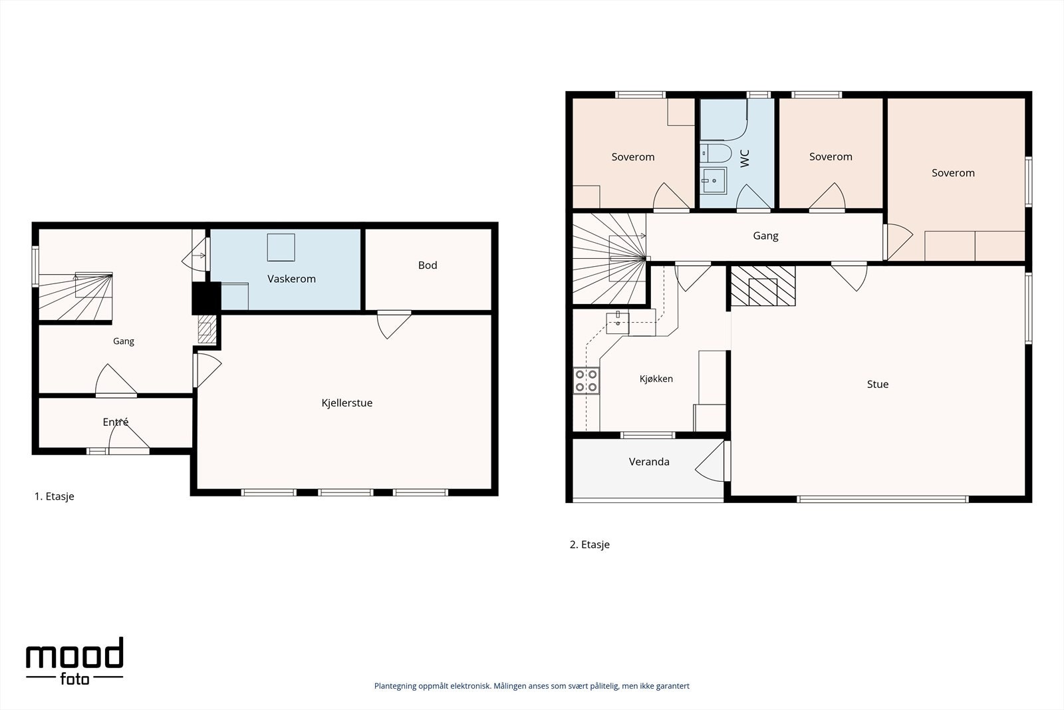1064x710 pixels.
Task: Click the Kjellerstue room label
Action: coord(346,403)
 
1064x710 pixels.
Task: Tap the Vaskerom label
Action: coord(291,279)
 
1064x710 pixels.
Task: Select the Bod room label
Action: coord(428,266)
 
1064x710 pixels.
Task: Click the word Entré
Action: coord(116,421)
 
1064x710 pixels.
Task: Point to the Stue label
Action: coord(877,384)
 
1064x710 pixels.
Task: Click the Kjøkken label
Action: coord(656,379)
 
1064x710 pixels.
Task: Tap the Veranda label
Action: coord(649,461)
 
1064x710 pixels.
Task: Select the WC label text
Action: coord(745,158)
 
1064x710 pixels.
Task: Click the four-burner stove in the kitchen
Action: coord(586,381)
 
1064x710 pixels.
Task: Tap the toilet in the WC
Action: coord(716,154)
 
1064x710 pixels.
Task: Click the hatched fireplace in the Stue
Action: coord(762,285)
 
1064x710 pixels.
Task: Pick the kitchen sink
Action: coord(618,323)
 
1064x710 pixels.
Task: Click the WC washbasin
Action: coord(714,180)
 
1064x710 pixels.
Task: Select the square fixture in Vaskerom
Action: coord(281,247)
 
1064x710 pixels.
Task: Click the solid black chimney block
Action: coord(206,298)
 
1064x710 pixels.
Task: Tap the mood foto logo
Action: coord(74,661)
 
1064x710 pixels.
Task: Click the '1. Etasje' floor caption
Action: coord(54,496)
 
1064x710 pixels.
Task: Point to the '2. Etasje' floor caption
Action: coord(589,544)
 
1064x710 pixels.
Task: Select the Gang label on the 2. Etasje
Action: coord(765,236)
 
